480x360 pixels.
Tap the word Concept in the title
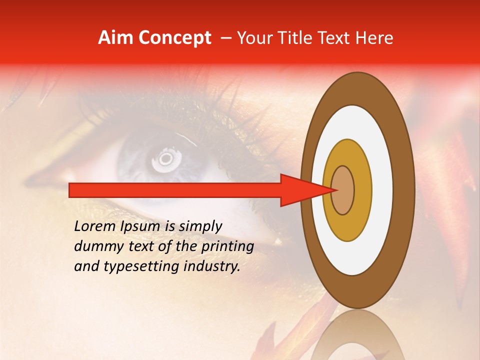coord(174,38)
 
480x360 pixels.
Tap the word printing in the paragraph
coord(227,246)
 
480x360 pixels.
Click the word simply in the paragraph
coord(200,227)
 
